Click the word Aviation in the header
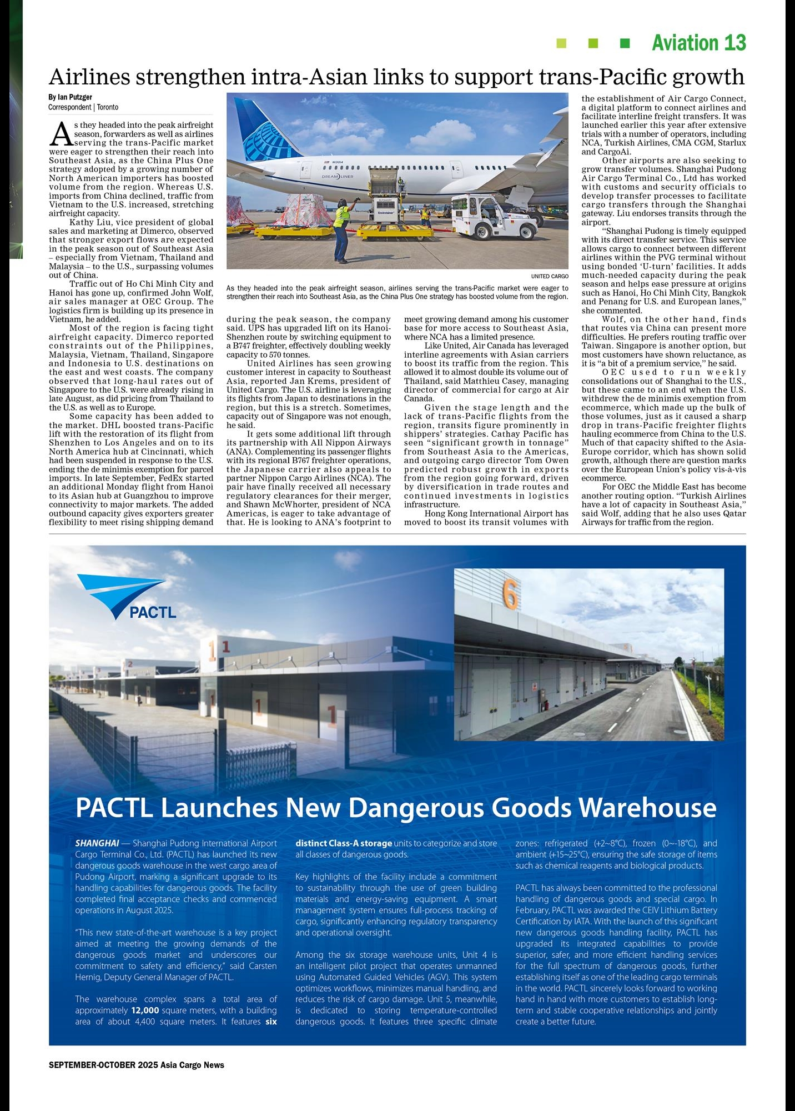tap(685, 43)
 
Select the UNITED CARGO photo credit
tap(549, 276)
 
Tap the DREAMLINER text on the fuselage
tap(338, 177)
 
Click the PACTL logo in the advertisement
tap(128, 597)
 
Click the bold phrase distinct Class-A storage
tap(344, 843)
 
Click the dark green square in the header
tap(625, 43)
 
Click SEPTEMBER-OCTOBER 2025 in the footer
tap(103, 1065)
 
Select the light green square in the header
tap(561, 43)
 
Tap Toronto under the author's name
tap(108, 107)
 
